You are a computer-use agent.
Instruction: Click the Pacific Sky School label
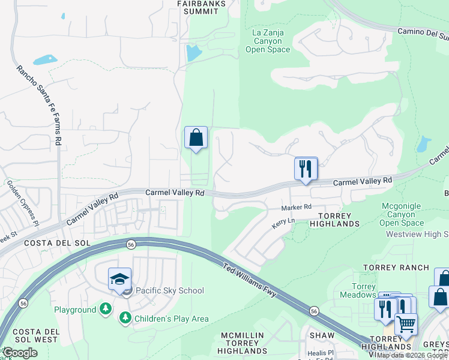170,291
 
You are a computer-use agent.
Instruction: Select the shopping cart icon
406,325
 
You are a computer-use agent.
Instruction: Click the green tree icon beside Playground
106,310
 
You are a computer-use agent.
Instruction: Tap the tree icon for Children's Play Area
125,319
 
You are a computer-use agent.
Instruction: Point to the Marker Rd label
297,207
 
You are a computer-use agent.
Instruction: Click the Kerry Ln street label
283,221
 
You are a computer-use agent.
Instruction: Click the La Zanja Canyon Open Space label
268,40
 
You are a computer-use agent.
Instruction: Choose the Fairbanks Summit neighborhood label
202,7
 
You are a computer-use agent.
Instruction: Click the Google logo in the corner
20,353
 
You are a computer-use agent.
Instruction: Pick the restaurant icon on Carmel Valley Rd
306,169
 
